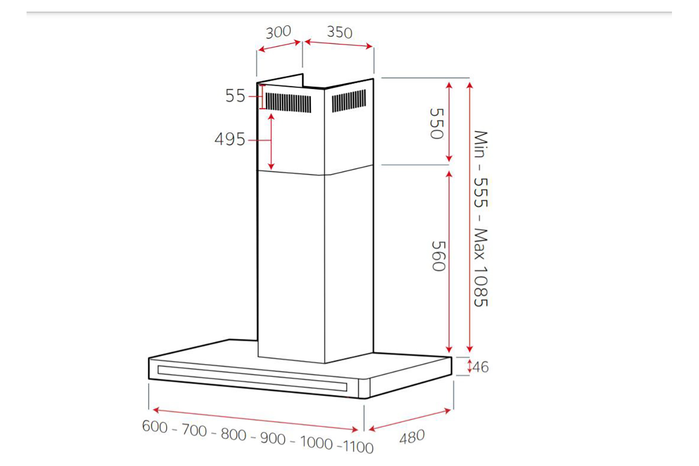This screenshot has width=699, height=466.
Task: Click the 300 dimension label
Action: pos(278,32)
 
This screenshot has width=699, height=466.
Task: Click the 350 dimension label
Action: pos(340,32)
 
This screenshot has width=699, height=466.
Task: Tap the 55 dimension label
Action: pos(235,96)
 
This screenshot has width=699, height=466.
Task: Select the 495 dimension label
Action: pos(230,139)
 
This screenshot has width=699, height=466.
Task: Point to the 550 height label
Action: pos(437,123)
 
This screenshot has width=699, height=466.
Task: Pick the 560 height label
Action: pos(438,256)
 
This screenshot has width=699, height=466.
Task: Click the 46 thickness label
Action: pos(480,367)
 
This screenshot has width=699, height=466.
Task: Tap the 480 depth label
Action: pos(412,437)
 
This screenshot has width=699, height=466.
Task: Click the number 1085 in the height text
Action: pos(480,286)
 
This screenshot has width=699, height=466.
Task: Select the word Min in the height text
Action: pos(480,144)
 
